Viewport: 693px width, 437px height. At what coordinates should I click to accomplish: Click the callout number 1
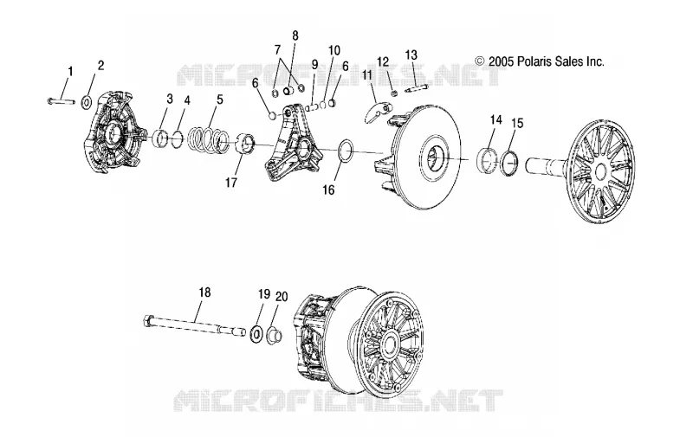click(70, 71)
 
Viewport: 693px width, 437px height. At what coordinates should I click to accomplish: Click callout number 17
click(231, 183)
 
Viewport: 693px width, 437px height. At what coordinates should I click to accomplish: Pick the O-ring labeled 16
click(346, 152)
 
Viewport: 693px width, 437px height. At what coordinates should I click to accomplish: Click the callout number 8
click(295, 35)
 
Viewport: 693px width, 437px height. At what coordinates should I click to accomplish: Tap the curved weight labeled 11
click(376, 112)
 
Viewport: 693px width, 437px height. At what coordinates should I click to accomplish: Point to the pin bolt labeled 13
click(417, 89)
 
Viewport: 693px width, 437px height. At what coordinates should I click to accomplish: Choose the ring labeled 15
click(509, 163)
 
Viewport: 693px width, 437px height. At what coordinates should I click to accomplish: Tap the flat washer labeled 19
click(256, 333)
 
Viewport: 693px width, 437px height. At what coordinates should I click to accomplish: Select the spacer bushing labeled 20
click(273, 336)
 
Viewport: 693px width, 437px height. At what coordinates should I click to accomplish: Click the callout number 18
click(204, 292)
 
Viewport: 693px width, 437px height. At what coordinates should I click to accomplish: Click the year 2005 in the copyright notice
click(501, 61)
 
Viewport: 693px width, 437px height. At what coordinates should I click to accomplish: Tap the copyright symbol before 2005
click(480, 61)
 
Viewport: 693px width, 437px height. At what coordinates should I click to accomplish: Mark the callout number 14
click(495, 119)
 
